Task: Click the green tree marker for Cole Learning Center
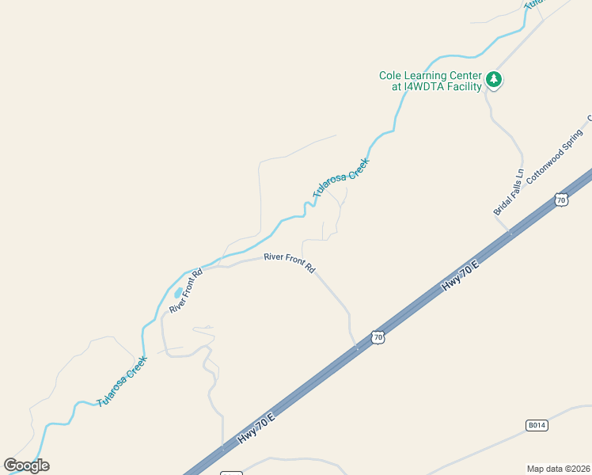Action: click(x=495, y=79)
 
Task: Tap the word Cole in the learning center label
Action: click(x=390, y=75)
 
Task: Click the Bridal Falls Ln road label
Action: click(x=509, y=192)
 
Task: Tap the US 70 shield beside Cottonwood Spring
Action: click(x=561, y=199)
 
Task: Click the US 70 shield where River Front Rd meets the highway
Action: click(x=378, y=337)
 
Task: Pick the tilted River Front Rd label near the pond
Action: click(x=187, y=290)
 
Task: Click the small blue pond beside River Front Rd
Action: click(x=178, y=293)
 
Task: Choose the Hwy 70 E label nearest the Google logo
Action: click(x=256, y=428)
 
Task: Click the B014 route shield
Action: click(x=537, y=425)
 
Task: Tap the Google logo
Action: click(x=26, y=465)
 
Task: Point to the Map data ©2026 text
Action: click(x=557, y=468)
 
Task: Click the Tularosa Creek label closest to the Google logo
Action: click(x=122, y=381)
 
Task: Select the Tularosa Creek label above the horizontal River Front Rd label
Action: click(x=340, y=178)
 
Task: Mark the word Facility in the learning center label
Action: click(x=464, y=86)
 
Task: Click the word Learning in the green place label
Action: click(x=425, y=75)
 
